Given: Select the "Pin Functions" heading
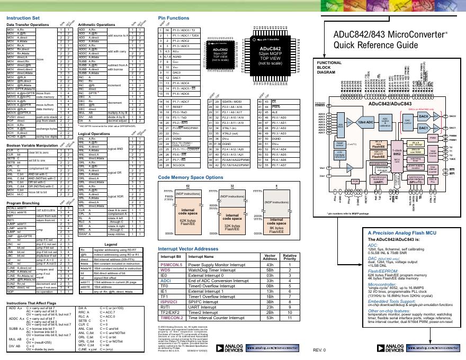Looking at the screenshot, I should click(x=173, y=17).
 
